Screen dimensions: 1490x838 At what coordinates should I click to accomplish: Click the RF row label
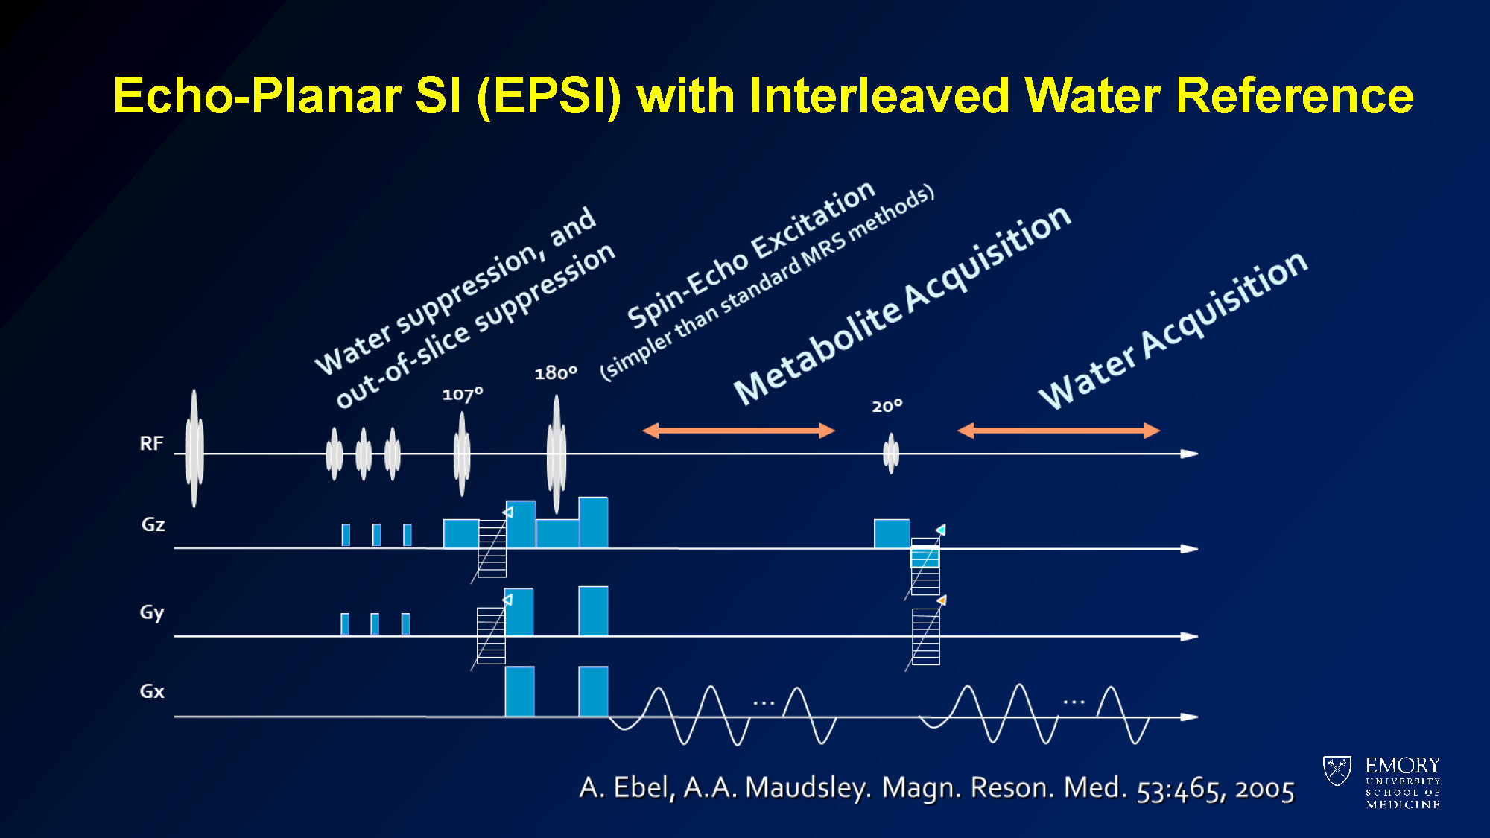click(151, 444)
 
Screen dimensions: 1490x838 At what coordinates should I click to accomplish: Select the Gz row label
click(153, 524)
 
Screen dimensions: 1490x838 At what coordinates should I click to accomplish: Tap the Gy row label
click(152, 613)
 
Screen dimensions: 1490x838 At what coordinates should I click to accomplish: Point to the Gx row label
click(152, 691)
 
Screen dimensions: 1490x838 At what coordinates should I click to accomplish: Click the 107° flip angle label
click(463, 394)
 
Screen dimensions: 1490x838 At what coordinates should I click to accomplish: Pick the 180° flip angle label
click(556, 373)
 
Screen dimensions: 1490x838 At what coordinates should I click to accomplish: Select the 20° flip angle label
click(887, 407)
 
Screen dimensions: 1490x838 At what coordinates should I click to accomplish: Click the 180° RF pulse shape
click(557, 454)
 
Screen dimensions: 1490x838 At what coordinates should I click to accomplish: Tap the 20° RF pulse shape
click(891, 454)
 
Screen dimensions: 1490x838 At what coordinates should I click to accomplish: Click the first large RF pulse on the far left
click(194, 448)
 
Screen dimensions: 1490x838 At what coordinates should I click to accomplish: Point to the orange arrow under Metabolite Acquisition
click(738, 431)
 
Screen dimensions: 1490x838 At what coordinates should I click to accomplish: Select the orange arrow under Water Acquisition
click(1059, 431)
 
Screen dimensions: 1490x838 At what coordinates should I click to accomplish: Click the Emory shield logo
click(1337, 771)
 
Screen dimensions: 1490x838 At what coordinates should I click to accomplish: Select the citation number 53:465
click(1181, 790)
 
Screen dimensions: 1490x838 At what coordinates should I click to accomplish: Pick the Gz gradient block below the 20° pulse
click(892, 534)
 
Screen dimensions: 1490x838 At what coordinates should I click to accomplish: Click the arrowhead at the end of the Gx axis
click(1190, 717)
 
